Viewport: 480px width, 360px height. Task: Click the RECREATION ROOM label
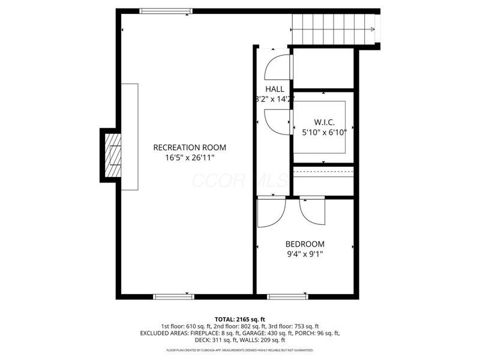pyautogui.click(x=190, y=147)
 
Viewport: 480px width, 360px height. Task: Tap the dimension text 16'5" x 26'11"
pyautogui.click(x=190, y=158)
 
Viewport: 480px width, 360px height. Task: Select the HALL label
pyautogui.click(x=275, y=89)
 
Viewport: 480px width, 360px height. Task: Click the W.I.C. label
pyautogui.click(x=324, y=122)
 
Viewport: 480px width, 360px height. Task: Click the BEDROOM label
pyautogui.click(x=305, y=244)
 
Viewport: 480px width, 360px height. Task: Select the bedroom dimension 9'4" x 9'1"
pyautogui.click(x=305, y=254)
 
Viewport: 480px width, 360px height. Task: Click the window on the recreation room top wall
pyautogui.click(x=166, y=11)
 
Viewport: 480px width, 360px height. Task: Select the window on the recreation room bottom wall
pyautogui.click(x=174, y=296)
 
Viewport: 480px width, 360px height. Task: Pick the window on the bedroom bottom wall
pyautogui.click(x=287, y=296)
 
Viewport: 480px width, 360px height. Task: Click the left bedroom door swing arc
pyautogui.click(x=271, y=213)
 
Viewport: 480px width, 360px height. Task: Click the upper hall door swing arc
pyautogui.click(x=278, y=67)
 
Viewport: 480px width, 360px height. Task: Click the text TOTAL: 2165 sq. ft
pyautogui.click(x=240, y=319)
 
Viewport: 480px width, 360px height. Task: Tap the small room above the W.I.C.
pyautogui.click(x=323, y=68)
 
